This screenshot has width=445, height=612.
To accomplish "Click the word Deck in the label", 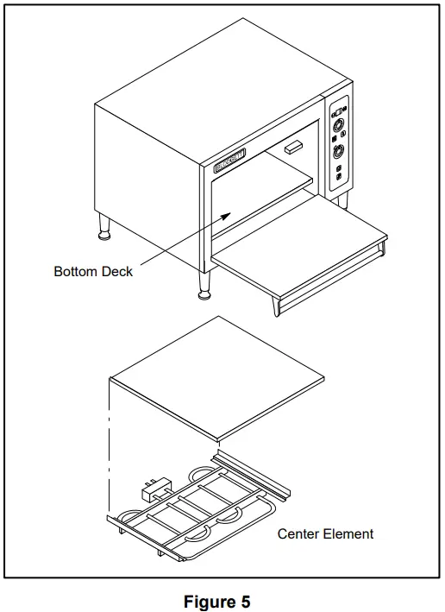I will tap(117, 271).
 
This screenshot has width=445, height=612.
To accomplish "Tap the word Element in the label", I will tap(348, 534).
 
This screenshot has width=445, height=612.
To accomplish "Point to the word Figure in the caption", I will tap(209, 601).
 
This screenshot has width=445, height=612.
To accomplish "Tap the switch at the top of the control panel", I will tap(339, 109).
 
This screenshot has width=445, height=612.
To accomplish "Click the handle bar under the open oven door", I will tap(332, 281).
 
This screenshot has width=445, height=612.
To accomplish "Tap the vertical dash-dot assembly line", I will tap(110, 449).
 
